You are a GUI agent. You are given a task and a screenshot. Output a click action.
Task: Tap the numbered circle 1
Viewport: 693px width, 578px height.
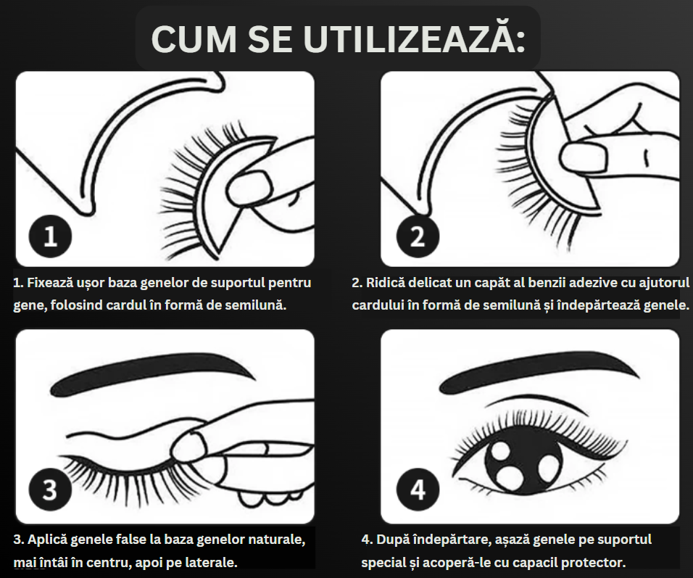pyautogui.click(x=50, y=236)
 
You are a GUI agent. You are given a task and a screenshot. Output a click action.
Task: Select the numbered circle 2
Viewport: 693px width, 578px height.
pyautogui.click(x=418, y=236)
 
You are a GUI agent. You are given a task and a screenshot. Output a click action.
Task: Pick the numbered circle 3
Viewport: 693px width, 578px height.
pyautogui.click(x=50, y=490)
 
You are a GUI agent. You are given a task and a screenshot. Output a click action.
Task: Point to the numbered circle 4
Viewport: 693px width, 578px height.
pyautogui.click(x=418, y=490)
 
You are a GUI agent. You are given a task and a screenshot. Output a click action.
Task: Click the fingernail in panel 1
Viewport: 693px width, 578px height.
pyautogui.click(x=249, y=186)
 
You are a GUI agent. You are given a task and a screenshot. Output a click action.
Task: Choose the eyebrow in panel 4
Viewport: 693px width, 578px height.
pyautogui.click(x=539, y=371)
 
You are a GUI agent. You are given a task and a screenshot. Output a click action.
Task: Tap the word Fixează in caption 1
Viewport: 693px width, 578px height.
pyautogui.click(x=49, y=283)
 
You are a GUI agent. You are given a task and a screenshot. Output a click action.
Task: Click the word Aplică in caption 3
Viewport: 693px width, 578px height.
pyautogui.click(x=47, y=540)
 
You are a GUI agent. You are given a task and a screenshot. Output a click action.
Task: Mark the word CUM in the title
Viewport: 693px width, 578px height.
pyautogui.click(x=194, y=38)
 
